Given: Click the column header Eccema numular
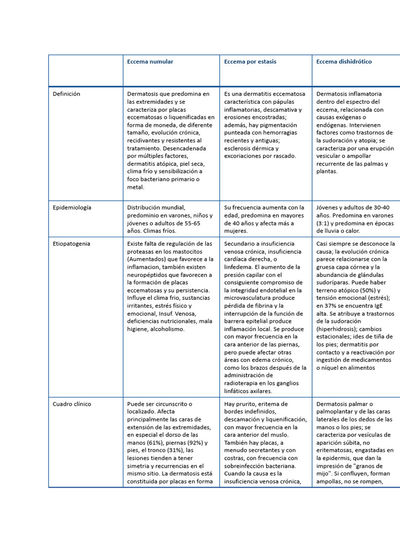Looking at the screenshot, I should click(x=150, y=62).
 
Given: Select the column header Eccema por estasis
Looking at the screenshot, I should click(x=250, y=62).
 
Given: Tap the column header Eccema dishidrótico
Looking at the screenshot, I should click(x=344, y=62).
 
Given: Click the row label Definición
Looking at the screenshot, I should click(x=67, y=94).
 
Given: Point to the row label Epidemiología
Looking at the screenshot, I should click(x=72, y=208).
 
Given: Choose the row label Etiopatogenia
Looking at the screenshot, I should click(x=71, y=244).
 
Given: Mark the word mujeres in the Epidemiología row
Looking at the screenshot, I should click(x=236, y=231).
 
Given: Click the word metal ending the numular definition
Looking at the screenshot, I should click(x=135, y=187).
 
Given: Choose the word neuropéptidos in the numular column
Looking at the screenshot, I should click(x=149, y=275).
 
